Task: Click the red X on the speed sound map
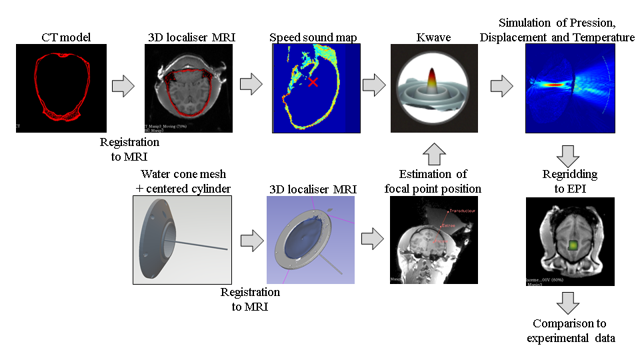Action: [313, 81]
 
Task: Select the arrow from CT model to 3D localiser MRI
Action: [123, 86]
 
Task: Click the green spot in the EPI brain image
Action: [569, 245]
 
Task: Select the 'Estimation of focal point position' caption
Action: [433, 181]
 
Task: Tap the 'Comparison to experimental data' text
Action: [571, 331]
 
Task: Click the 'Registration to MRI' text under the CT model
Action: [129, 149]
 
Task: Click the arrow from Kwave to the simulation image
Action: [501, 86]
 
